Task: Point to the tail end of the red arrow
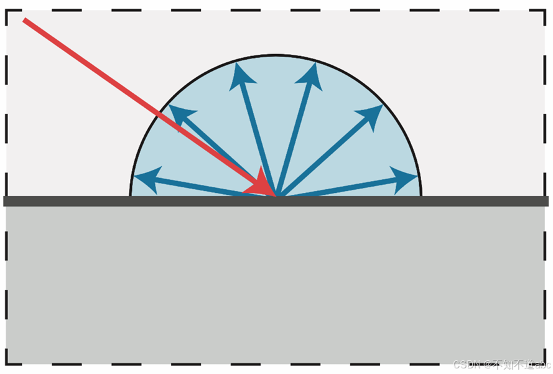(x=25, y=21)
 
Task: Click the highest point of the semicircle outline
(x=276, y=55)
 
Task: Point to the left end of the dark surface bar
(x=5, y=201)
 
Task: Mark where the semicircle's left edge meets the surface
(x=130, y=195)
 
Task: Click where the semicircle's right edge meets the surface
(x=421, y=195)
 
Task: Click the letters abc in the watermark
(x=542, y=364)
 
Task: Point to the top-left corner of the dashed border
(x=6, y=11)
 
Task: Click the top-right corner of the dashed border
(x=546, y=11)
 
